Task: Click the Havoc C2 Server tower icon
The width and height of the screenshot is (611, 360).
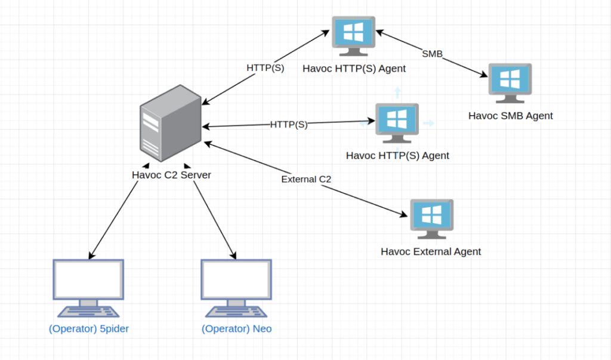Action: pyautogui.click(x=171, y=123)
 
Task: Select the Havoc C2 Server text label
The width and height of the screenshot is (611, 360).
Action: pyautogui.click(x=171, y=175)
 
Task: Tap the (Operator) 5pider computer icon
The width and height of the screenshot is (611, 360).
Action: pyautogui.click(x=88, y=288)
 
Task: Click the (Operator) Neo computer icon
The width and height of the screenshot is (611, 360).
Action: pyautogui.click(x=236, y=288)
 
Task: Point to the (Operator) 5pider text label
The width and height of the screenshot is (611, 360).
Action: pyautogui.click(x=89, y=329)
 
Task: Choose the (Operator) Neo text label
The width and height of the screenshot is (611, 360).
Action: pyautogui.click(x=236, y=329)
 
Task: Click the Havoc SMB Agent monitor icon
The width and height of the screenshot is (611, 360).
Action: pyautogui.click(x=510, y=83)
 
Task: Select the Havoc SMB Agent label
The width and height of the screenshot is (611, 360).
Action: pyautogui.click(x=511, y=116)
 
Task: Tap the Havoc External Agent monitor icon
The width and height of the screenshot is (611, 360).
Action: pyautogui.click(x=432, y=219)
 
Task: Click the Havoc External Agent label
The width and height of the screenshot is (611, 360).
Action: pyautogui.click(x=431, y=251)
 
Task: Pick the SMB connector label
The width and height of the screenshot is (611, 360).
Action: pyautogui.click(x=432, y=54)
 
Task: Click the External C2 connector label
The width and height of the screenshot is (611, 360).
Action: pyautogui.click(x=306, y=180)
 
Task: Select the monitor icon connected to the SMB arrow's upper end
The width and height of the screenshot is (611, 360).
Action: pyautogui.click(x=353, y=36)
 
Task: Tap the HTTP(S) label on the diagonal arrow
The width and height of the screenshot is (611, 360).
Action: pyautogui.click(x=266, y=68)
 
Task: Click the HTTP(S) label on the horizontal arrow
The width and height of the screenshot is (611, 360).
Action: pyautogui.click(x=289, y=125)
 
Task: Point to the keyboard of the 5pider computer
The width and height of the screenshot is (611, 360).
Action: pyautogui.click(x=88, y=312)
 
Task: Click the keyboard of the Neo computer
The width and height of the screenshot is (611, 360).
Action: pyautogui.click(x=236, y=312)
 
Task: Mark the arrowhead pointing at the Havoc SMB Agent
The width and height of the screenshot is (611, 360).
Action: pyautogui.click(x=483, y=74)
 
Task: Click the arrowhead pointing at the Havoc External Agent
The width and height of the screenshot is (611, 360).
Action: pyautogui.click(x=403, y=214)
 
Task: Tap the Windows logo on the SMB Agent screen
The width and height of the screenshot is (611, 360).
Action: pyautogui.click(x=510, y=79)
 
